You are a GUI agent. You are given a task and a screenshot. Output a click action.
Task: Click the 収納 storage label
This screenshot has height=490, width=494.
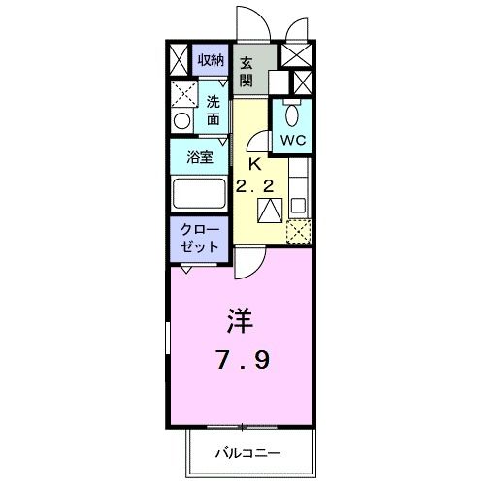(x=211, y=60)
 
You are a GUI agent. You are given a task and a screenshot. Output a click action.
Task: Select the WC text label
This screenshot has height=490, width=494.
(x=293, y=139)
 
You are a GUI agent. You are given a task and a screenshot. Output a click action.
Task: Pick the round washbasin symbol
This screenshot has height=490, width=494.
(x=182, y=121)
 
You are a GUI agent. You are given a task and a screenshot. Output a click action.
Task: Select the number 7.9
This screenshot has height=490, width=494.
(x=242, y=361)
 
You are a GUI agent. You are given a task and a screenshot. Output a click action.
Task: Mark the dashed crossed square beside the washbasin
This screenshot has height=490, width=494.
(x=182, y=94)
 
